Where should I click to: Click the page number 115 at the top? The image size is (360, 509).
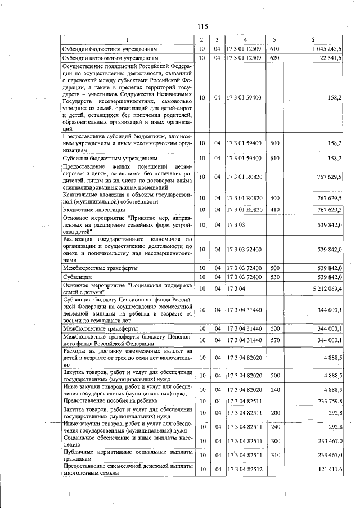click(203, 26)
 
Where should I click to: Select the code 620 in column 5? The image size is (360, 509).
click(274, 58)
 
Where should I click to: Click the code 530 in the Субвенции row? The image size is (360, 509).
click(274, 277)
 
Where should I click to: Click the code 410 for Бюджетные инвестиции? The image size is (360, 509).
click(274, 209)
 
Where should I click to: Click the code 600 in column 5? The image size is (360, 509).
click(274, 143)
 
